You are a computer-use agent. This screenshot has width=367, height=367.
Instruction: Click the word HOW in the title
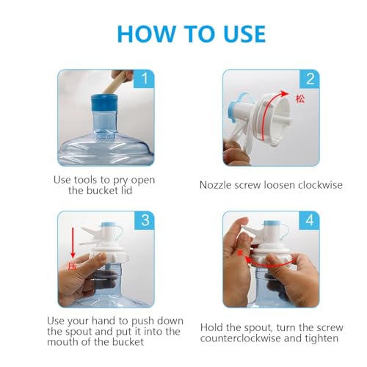(146, 34)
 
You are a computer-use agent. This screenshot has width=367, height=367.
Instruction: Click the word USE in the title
(244, 34)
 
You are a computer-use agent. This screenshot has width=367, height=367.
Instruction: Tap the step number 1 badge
(144, 79)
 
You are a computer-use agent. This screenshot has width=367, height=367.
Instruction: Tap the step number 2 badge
(310, 79)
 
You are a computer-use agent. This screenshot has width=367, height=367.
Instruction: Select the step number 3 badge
(145, 220)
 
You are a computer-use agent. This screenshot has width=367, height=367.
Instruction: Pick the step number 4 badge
(310, 220)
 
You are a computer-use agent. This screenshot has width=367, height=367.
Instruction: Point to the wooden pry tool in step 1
(117, 82)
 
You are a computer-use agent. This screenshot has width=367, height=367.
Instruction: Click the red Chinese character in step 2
(300, 99)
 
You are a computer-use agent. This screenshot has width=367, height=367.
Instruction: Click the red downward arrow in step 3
(73, 243)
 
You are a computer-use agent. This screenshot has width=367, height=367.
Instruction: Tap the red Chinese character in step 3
(72, 266)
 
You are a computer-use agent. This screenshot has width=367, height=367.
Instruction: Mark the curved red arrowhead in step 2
(285, 94)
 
